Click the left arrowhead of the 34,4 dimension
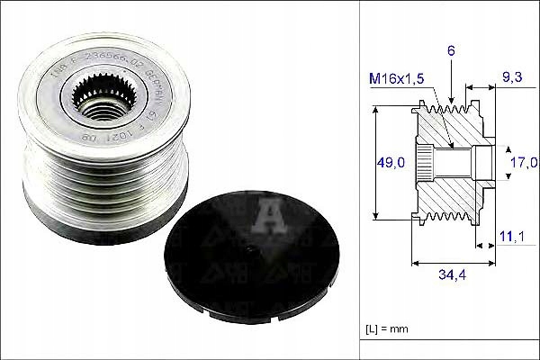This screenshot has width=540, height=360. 414,263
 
